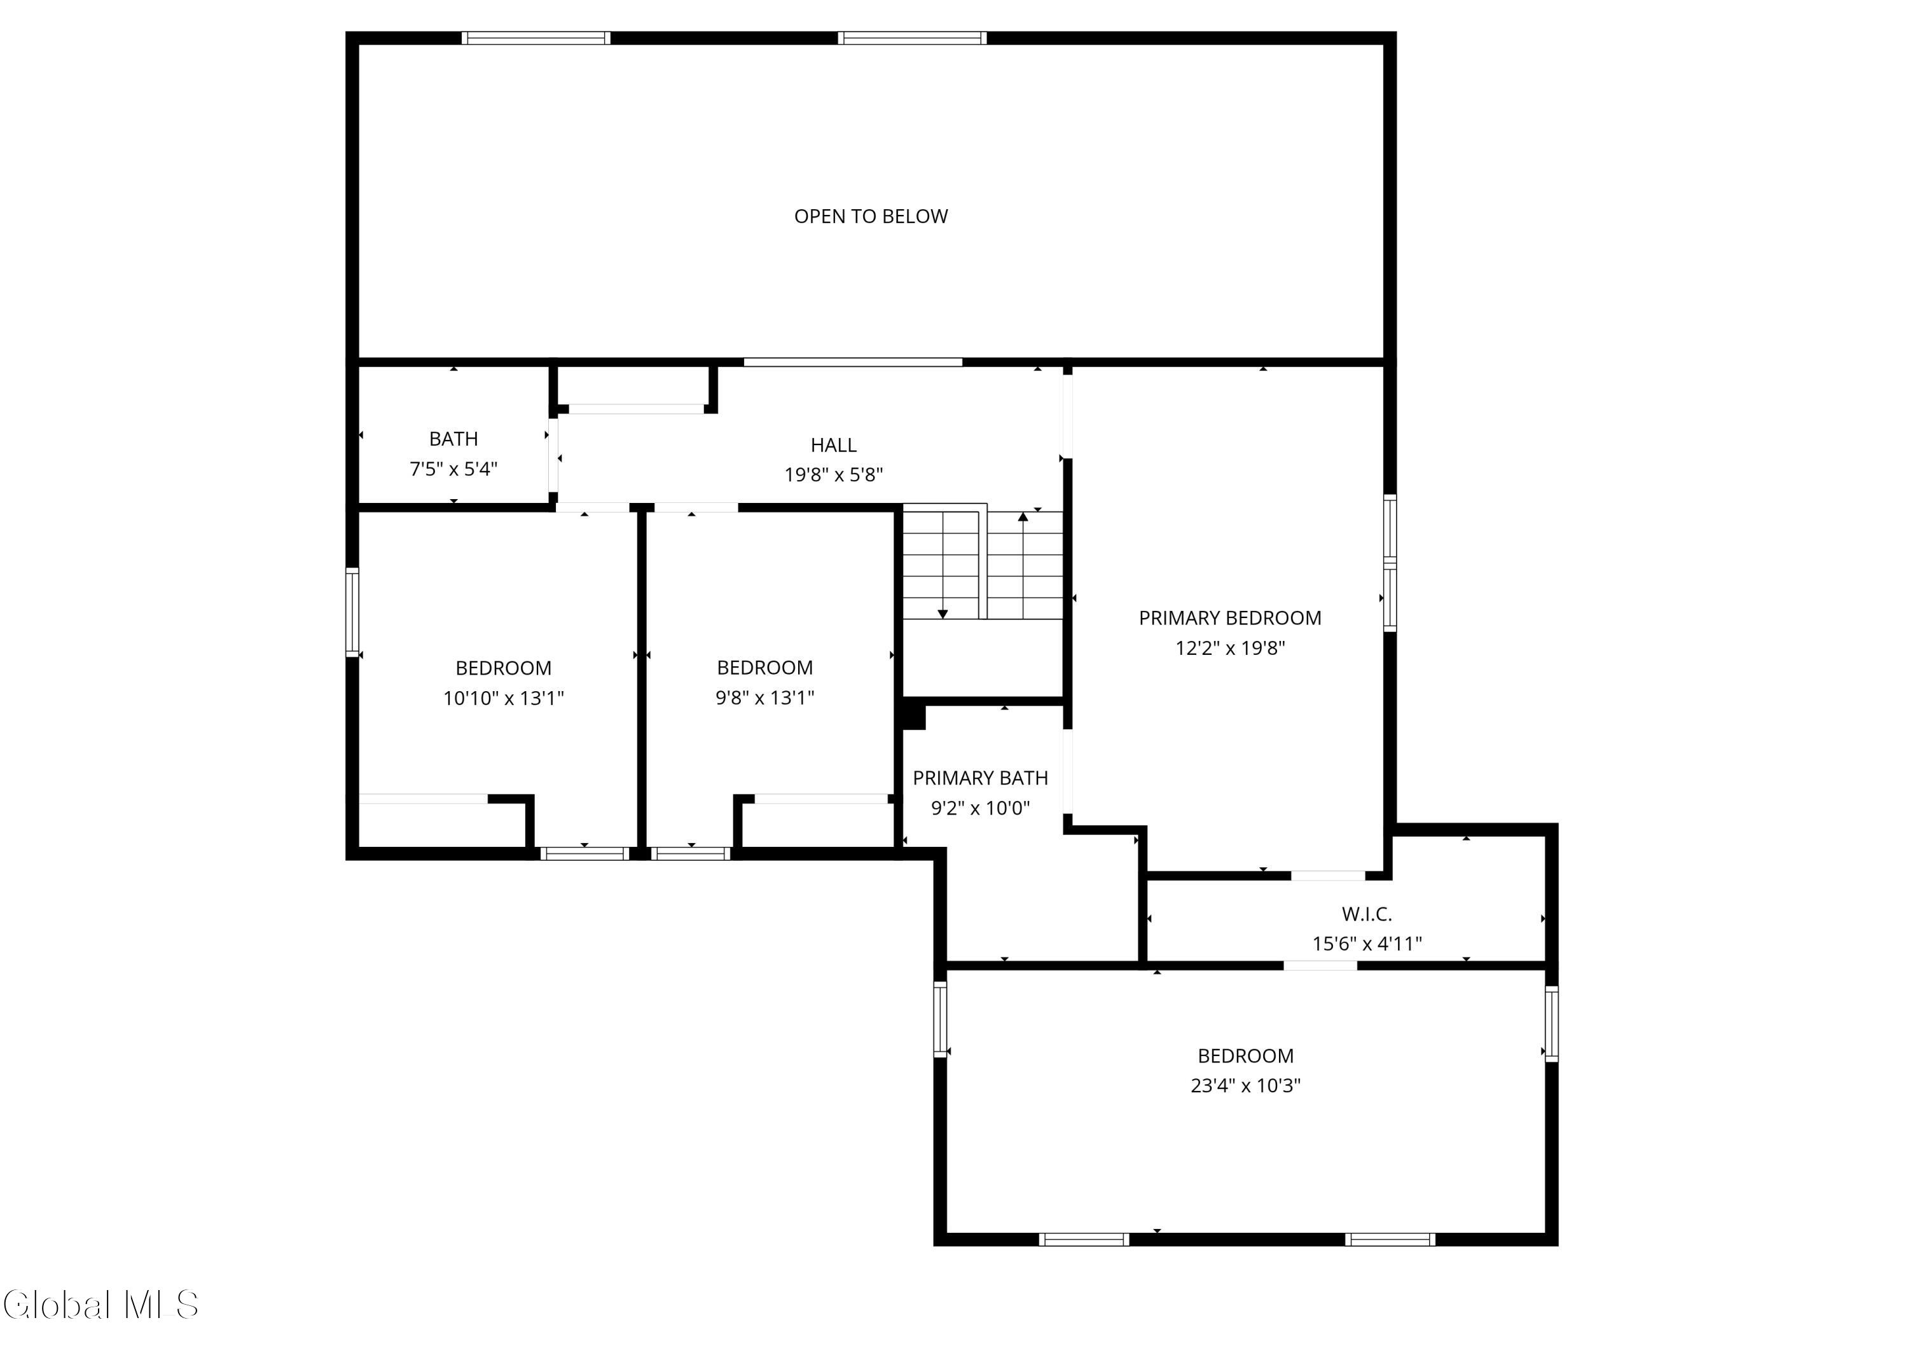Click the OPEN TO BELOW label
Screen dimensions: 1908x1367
coord(871,216)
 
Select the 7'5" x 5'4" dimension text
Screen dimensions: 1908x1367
coord(453,469)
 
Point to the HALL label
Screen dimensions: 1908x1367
coord(834,445)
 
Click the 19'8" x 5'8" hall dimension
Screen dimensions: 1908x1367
coord(834,474)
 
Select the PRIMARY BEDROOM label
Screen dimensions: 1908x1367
coord(1230,617)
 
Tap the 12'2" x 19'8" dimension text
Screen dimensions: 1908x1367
coord(1230,648)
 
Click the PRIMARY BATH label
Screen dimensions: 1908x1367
coord(980,778)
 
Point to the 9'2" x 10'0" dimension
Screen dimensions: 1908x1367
coord(980,808)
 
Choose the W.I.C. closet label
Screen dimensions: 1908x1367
coord(1367,914)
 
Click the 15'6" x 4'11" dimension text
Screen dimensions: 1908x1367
coord(1367,944)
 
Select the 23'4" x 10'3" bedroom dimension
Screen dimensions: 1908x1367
coord(1245,1085)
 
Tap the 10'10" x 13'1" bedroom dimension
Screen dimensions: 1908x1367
coord(503,698)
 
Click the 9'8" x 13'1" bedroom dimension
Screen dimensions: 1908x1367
coord(764,697)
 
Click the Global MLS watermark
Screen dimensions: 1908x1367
coord(101,1305)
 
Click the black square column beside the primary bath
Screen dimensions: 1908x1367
coord(913,716)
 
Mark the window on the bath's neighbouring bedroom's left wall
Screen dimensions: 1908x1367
coord(352,612)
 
